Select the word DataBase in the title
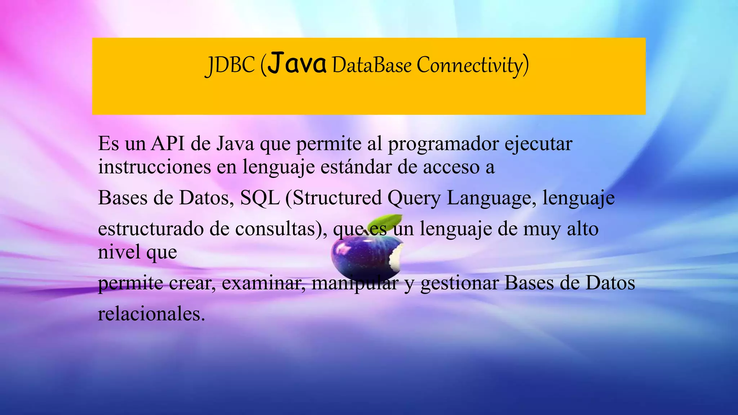tap(372, 65)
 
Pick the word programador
tap(444, 144)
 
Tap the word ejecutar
tap(538, 144)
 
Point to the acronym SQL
tap(260, 198)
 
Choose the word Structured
tap(337, 198)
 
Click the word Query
tap(414, 198)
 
